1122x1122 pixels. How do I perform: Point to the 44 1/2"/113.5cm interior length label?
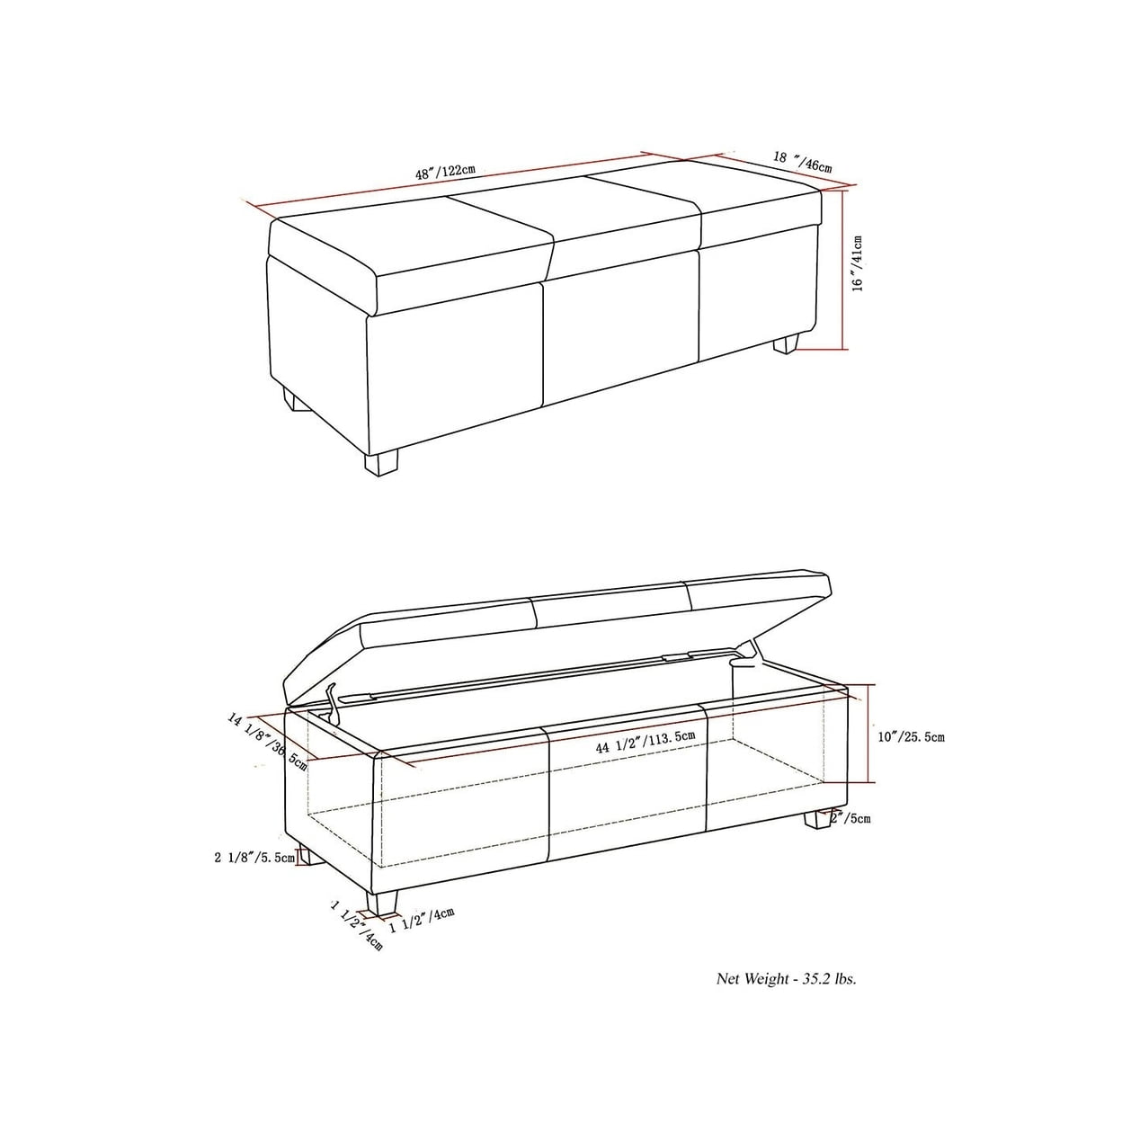pyautogui.click(x=646, y=742)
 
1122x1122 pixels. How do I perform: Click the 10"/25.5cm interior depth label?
pyautogui.click(x=912, y=737)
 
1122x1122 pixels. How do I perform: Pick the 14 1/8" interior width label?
pyautogui.click(x=267, y=743)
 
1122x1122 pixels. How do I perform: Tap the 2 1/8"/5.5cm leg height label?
pyautogui.click(x=255, y=857)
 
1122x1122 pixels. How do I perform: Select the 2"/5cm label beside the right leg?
pyautogui.click(x=851, y=818)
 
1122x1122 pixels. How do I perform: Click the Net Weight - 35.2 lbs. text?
pyautogui.click(x=786, y=979)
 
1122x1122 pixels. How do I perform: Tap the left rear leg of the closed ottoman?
pyautogui.click(x=297, y=401)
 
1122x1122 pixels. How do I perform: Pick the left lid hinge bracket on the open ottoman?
pyautogui.click(x=332, y=703)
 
